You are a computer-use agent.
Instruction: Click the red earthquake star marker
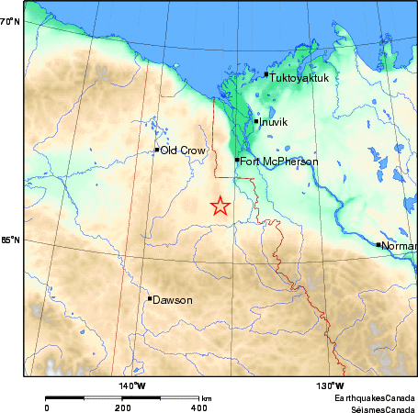(220, 206)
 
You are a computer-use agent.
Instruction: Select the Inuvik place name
(274, 122)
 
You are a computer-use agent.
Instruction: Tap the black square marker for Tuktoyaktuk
(266, 74)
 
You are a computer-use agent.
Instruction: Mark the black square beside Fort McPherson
(237, 160)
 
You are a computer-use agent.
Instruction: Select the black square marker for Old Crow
(157, 150)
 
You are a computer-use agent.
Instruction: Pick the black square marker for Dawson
(150, 298)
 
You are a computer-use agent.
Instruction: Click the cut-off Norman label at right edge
(399, 246)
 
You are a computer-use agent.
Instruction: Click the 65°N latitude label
(10, 240)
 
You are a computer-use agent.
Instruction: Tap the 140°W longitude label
(133, 385)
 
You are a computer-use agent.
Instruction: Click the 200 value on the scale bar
(122, 407)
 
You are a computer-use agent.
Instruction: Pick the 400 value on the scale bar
(198, 407)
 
